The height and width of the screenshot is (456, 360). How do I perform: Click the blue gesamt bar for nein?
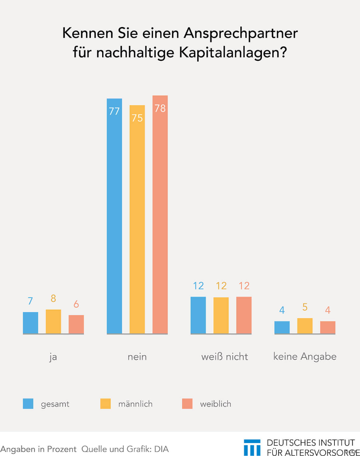click(x=114, y=216)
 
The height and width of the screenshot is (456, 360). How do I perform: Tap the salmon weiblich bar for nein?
click(x=160, y=215)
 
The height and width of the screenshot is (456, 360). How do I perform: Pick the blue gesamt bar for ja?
click(x=31, y=323)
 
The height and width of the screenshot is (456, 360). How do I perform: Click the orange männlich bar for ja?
click(x=53, y=321)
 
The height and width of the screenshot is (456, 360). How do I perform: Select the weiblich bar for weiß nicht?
click(x=244, y=315)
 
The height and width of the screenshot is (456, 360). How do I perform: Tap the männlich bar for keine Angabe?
click(x=305, y=326)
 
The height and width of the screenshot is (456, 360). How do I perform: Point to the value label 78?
click(x=160, y=108)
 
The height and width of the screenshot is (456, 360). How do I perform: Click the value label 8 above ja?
click(x=53, y=298)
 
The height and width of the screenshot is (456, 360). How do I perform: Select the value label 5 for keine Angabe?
click(x=305, y=307)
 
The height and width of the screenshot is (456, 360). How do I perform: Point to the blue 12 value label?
click(x=198, y=286)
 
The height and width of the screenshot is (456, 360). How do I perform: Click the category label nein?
click(x=137, y=357)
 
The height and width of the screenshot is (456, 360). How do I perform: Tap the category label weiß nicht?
click(x=225, y=357)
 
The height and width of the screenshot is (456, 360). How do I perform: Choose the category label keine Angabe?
click(x=305, y=357)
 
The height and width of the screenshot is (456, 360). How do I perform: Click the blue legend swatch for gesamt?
click(x=28, y=404)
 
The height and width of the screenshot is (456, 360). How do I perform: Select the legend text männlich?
click(x=135, y=404)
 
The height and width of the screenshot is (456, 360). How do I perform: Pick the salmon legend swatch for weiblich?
click(x=187, y=404)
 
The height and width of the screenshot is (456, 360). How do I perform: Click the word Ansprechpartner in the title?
click(x=239, y=34)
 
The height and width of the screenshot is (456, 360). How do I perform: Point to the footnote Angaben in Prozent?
click(x=39, y=449)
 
